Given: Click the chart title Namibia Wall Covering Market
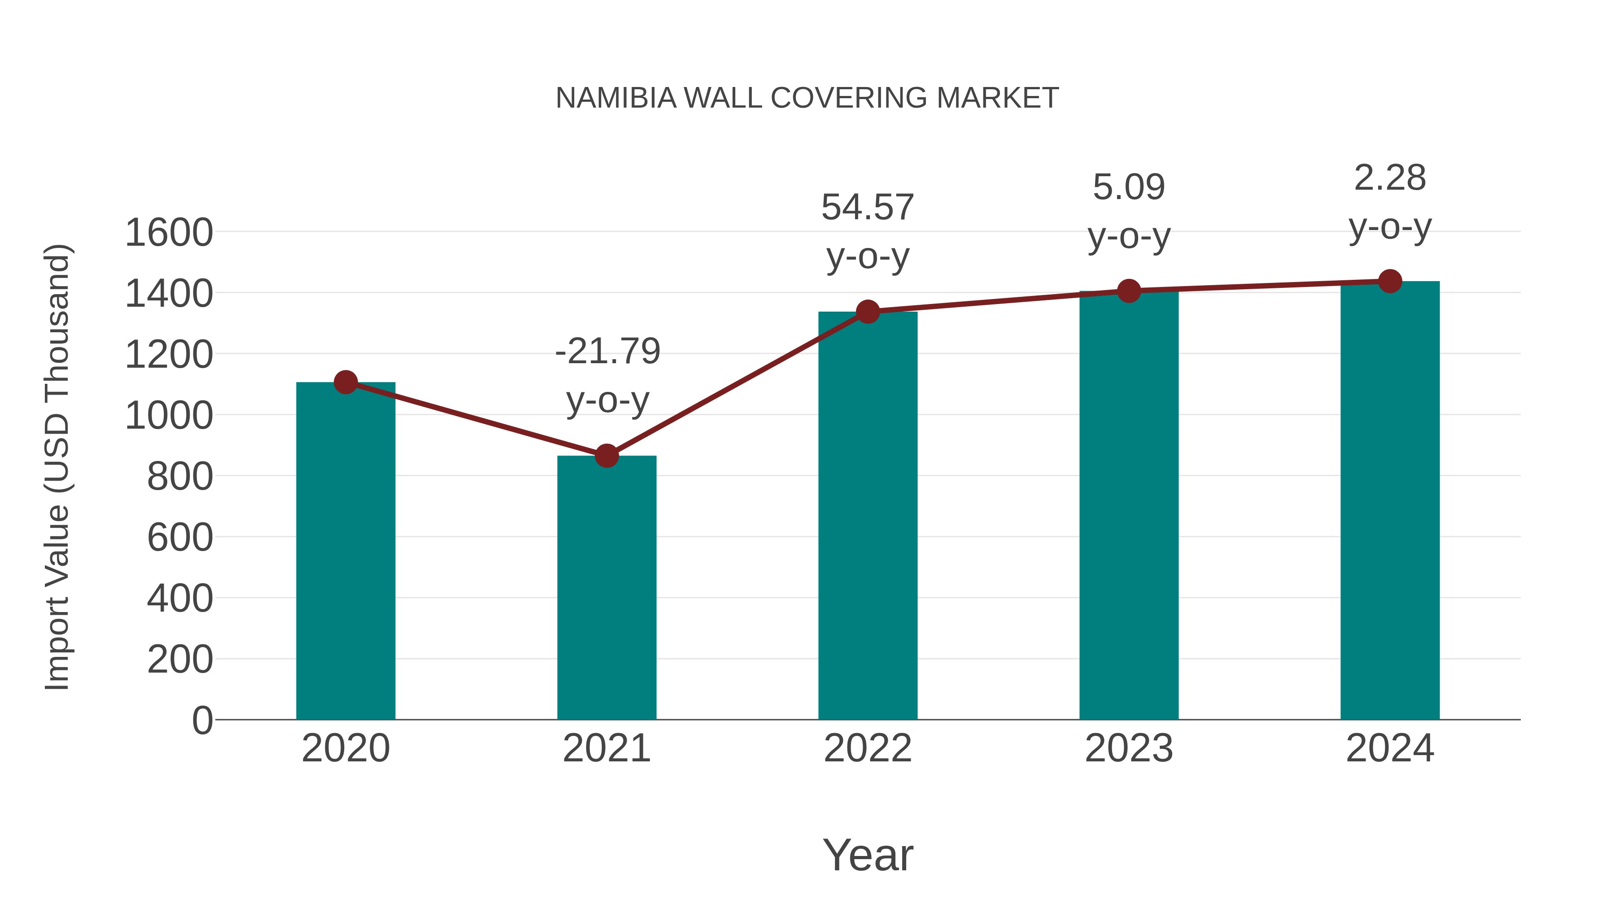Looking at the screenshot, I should click(x=807, y=98).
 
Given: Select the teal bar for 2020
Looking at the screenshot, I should click(x=345, y=552).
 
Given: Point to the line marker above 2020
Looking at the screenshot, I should click(x=345, y=382).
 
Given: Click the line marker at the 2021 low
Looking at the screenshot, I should click(x=606, y=456).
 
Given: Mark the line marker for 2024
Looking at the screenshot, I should click(x=1390, y=281).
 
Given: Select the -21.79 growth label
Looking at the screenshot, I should click(x=607, y=351).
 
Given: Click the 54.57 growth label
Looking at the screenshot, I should click(x=868, y=208).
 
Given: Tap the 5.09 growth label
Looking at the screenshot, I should click(x=1129, y=187).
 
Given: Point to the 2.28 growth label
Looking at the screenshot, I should click(x=1390, y=178).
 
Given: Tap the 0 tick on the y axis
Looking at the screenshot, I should click(x=202, y=720).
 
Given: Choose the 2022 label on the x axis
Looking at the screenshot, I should click(x=868, y=748).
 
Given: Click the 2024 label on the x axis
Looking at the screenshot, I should click(x=1390, y=748).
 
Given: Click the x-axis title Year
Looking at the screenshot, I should click(x=868, y=855).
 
